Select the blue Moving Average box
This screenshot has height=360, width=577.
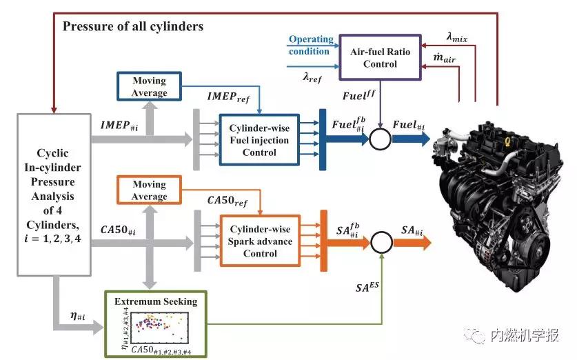click(149, 87)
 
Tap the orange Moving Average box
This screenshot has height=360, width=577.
click(149, 190)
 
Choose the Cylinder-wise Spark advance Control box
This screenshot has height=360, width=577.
click(260, 241)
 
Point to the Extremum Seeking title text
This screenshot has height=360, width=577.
click(156, 301)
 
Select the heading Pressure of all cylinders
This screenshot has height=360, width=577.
click(134, 27)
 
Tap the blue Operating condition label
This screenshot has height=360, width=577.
click(311, 45)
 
